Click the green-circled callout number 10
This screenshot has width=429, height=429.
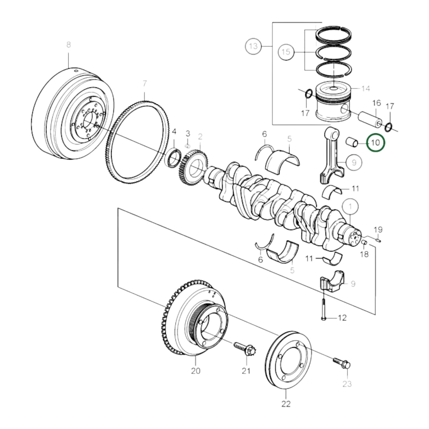click(x=375, y=143)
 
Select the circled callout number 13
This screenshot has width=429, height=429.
click(x=253, y=46)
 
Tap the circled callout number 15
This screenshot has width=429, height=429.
click(x=286, y=52)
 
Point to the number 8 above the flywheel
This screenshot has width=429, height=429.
click(x=69, y=45)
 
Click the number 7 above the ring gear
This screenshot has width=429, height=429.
click(x=145, y=83)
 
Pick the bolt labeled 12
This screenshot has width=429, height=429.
click(x=323, y=309)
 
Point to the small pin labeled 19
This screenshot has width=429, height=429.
click(x=377, y=240)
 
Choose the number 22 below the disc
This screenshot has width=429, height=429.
click(x=286, y=403)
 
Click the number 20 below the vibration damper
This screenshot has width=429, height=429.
click(x=196, y=371)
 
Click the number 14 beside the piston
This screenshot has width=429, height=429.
click(x=366, y=88)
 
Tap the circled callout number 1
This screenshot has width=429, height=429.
click(x=350, y=206)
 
